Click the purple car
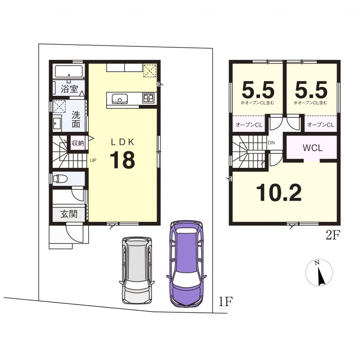186,264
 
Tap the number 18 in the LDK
122,160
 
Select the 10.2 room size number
279,193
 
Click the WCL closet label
313,148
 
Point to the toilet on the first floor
60,178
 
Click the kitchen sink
120,99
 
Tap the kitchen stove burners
148,98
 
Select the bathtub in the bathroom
68,72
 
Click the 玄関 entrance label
69,214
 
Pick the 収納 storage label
78,143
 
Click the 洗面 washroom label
76,119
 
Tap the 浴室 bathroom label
70,89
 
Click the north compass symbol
319,273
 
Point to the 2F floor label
333,236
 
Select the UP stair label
93,161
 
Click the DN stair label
271,143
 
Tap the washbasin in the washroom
57,123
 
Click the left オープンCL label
249,125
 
